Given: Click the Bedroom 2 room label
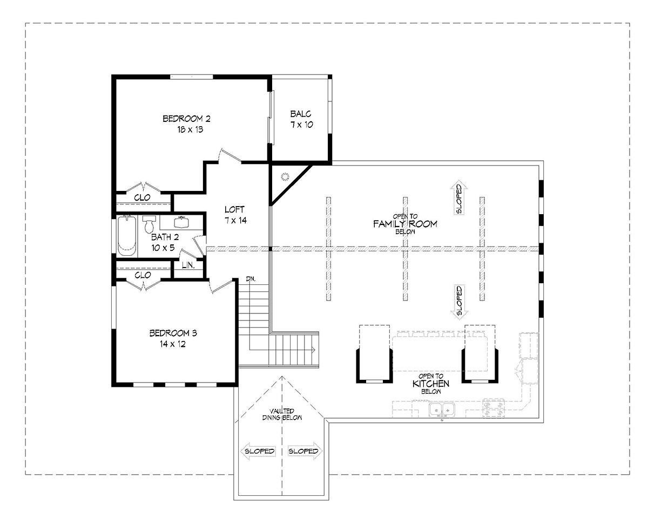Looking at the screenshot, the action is [186, 119].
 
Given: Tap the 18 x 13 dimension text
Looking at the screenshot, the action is [190, 129].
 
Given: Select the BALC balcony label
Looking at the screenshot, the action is [301, 114].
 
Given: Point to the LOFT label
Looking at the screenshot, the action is [234, 209].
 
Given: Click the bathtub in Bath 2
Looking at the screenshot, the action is [127, 236].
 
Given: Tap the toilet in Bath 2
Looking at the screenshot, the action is [148, 224].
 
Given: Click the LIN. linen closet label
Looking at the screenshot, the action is [188, 265].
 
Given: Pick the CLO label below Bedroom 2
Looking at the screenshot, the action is [142, 197].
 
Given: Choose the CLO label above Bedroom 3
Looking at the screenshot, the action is [143, 275].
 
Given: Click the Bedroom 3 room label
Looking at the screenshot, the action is [173, 333].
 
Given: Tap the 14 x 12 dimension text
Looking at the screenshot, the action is [173, 344].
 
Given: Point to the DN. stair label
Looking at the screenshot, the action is [251, 279].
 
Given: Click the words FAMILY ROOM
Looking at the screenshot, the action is [405, 224].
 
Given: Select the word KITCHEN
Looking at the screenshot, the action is [431, 384].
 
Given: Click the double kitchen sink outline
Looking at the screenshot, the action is [442, 410].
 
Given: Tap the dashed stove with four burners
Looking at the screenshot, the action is [494, 408].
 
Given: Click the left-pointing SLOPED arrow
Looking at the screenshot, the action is [258, 451].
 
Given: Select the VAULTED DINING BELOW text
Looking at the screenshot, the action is [282, 414].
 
